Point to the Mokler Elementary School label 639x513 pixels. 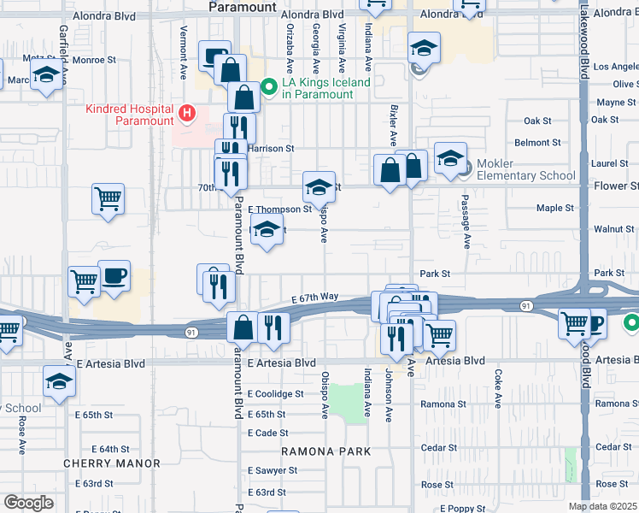click(526, 169)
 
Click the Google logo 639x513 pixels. click(28, 503)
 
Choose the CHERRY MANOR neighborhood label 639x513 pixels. click(112, 463)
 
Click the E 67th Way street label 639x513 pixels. click(315, 298)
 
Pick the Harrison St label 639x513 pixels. click(271, 148)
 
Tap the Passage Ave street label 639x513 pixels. click(466, 227)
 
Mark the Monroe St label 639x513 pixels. click(94, 60)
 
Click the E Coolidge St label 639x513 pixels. click(275, 394)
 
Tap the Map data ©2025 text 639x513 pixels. click(603, 506)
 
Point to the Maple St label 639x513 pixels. click(554, 208)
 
